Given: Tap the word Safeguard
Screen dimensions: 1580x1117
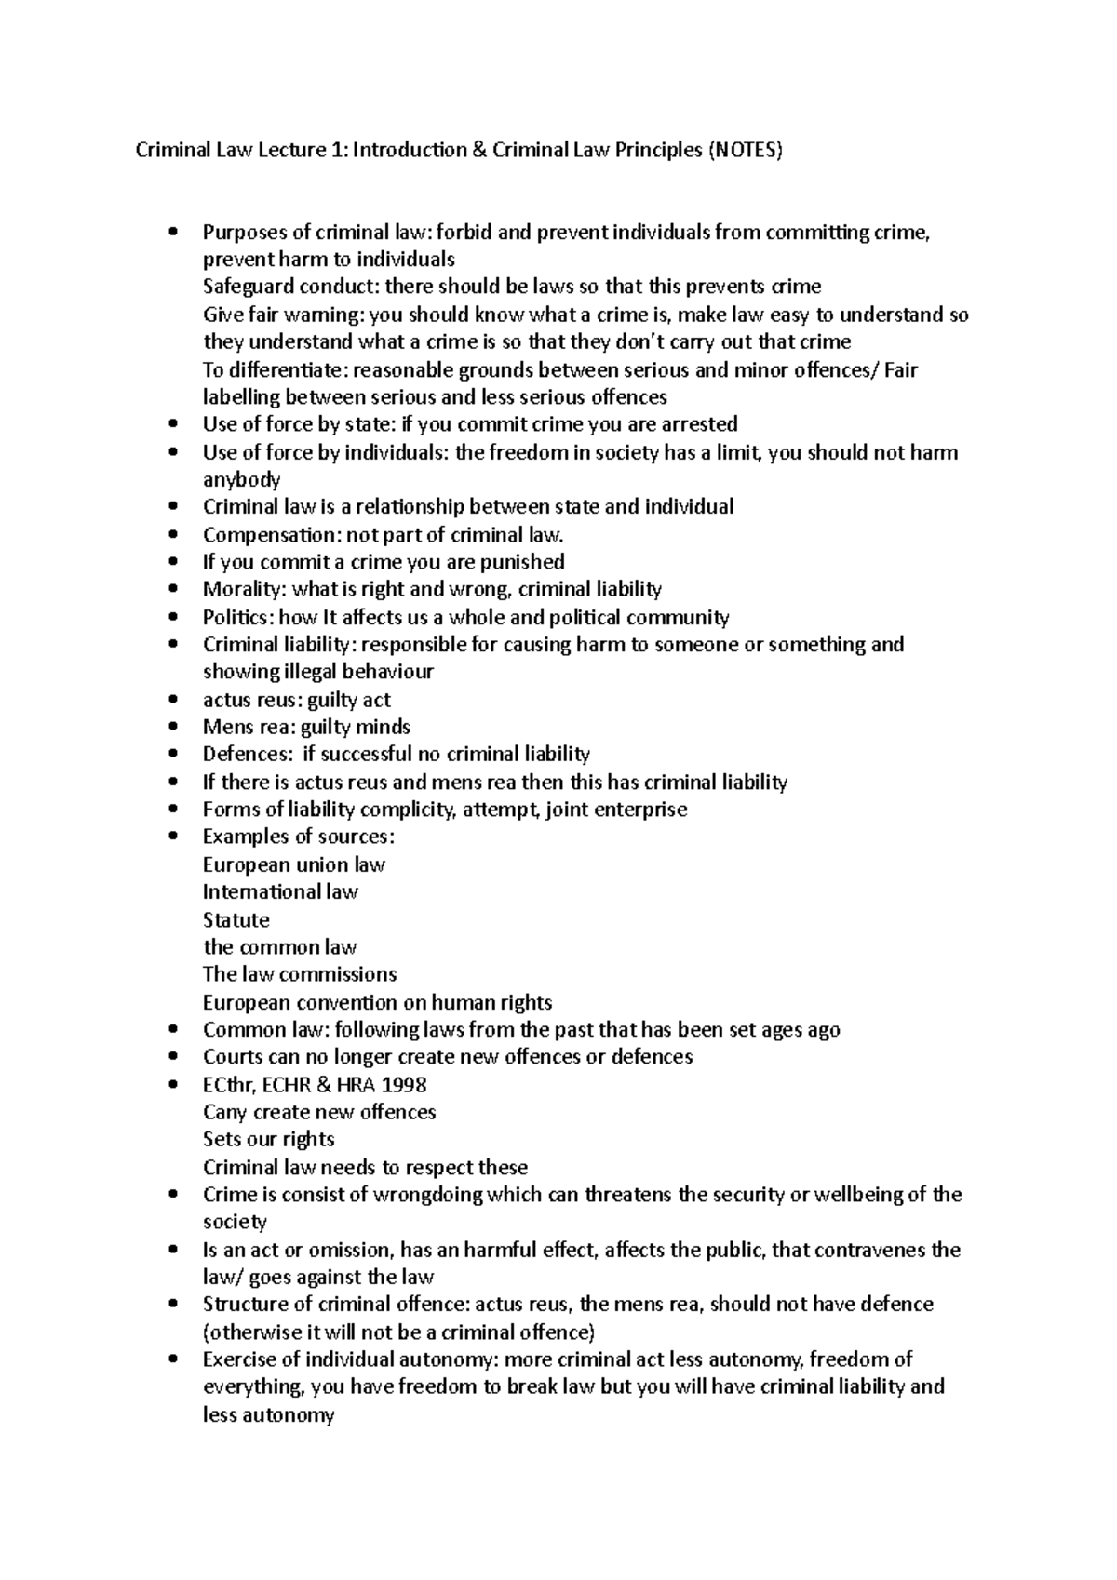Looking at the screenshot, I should [x=246, y=288].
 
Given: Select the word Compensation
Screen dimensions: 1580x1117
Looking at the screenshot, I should [x=254, y=535].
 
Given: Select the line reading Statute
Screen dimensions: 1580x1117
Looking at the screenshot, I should [x=236, y=920].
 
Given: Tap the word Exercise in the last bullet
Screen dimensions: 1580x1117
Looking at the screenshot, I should [x=241, y=1360].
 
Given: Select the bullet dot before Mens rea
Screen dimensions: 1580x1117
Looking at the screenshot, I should [x=174, y=728].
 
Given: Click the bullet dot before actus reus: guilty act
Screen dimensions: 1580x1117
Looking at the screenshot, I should [x=174, y=701].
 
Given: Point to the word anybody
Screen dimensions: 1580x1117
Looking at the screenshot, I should [x=241, y=480].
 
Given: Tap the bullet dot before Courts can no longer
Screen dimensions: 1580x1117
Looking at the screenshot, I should [x=174, y=1058].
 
